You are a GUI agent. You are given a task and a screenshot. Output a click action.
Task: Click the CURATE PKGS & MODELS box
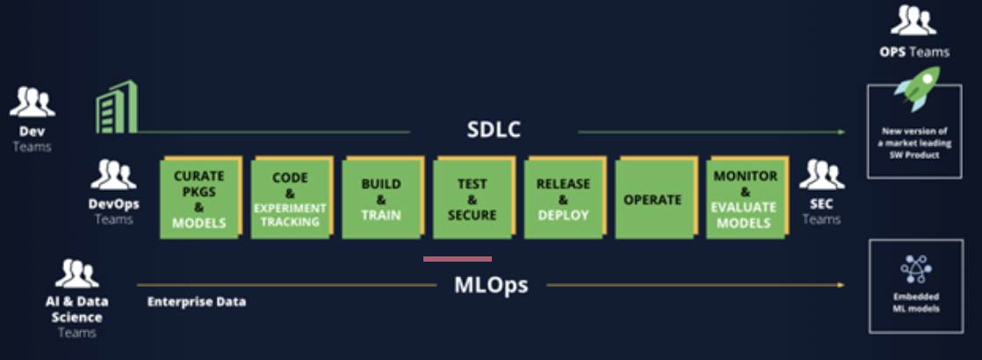click(x=199, y=198)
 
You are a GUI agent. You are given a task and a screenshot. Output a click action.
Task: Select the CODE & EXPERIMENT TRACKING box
click(x=292, y=198)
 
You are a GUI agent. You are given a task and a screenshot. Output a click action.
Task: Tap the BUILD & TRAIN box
click(x=382, y=198)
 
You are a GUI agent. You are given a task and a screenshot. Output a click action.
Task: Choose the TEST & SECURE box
click(x=473, y=198)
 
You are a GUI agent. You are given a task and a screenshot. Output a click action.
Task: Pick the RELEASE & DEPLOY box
click(x=564, y=198)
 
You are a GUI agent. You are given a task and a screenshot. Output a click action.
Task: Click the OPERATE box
click(x=655, y=198)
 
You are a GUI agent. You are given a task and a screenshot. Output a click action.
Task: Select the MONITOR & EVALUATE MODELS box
click(x=746, y=198)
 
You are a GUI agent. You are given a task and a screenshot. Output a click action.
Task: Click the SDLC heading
click(x=494, y=130)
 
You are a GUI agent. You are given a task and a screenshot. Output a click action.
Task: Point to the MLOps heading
click(x=491, y=285)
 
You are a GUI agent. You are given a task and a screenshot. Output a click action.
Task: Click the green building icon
click(x=117, y=107)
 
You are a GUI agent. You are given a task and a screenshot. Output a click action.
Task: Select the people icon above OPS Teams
click(x=913, y=21)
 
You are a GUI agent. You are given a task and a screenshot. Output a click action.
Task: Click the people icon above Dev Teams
click(x=32, y=102)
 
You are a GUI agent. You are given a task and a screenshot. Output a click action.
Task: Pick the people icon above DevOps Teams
click(x=113, y=175)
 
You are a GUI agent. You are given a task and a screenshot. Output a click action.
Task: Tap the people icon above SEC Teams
click(x=821, y=175)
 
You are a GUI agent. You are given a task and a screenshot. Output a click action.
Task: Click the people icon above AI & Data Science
click(x=76, y=273)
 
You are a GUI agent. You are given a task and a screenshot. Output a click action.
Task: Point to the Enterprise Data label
click(x=197, y=302)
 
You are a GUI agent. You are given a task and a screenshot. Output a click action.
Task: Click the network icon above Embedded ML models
click(x=916, y=270)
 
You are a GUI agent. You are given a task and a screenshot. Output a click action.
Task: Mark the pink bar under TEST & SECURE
click(x=457, y=258)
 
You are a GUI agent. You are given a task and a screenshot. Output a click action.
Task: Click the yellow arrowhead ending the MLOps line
click(x=841, y=284)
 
